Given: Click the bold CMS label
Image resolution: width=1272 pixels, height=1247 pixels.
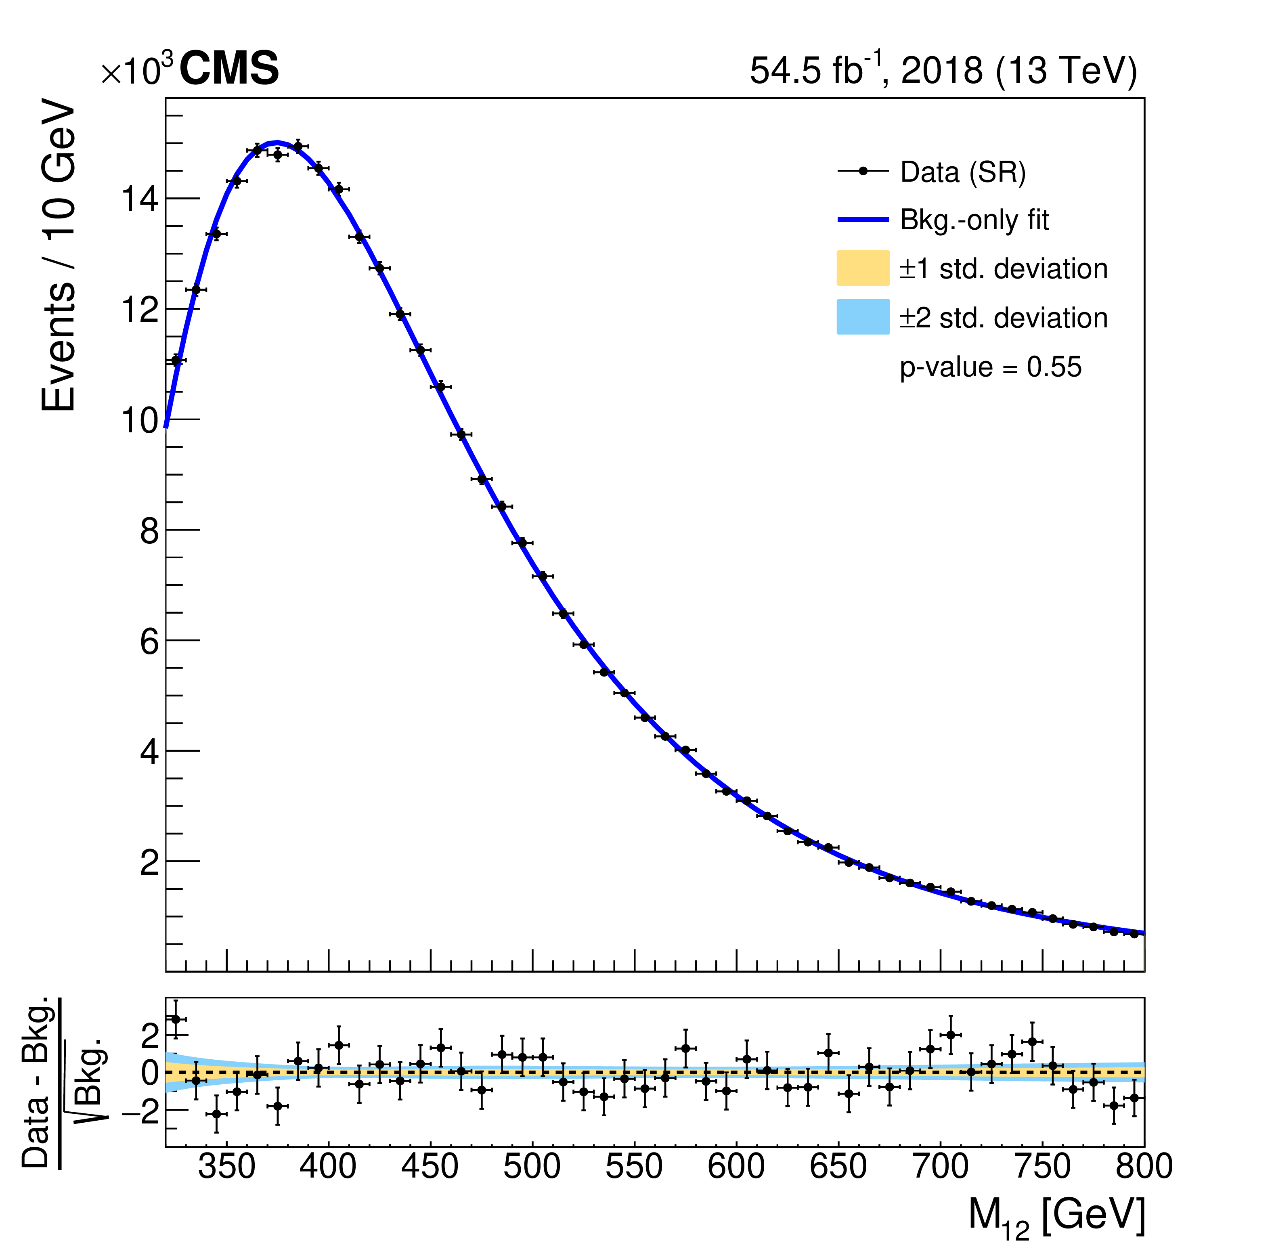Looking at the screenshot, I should [x=229, y=69].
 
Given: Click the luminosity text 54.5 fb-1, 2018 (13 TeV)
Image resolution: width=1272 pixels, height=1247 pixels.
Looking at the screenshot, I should [x=943, y=71].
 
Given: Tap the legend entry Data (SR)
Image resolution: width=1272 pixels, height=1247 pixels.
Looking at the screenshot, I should [x=962, y=172].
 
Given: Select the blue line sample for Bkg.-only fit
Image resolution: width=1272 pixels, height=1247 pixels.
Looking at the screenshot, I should [x=863, y=220].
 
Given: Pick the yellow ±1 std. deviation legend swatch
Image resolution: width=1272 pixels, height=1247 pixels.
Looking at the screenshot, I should [x=863, y=268].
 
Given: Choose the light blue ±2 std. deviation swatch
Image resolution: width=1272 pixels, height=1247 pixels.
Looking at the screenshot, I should [x=863, y=317].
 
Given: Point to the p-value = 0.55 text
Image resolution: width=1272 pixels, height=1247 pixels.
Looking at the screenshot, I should [x=990, y=367].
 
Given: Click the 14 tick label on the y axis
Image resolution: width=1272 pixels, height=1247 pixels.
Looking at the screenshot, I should [x=140, y=199].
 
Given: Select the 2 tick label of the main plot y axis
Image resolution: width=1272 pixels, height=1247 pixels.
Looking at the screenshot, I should [x=149, y=863].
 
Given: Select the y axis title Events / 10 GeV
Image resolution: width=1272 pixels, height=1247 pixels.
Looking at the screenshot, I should [x=59, y=256].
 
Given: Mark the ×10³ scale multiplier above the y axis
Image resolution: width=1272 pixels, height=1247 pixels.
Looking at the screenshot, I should [x=138, y=71].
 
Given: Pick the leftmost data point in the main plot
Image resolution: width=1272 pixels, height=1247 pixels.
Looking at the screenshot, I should [x=176, y=360].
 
